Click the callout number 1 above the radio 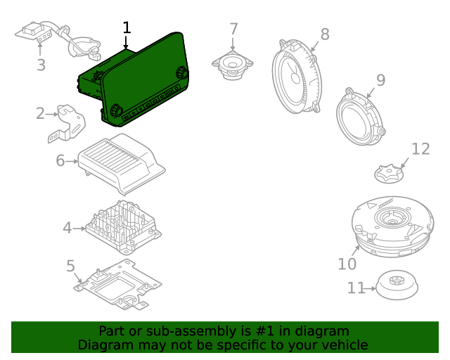[127, 28]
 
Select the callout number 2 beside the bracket [40, 113]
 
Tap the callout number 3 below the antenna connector [41, 65]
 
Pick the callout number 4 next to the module [67, 228]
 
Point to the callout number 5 [70, 266]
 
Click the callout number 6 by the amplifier [60, 161]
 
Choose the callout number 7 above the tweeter [233, 30]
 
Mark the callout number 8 [324, 34]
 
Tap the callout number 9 [380, 80]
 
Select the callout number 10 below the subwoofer [347, 264]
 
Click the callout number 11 [356, 288]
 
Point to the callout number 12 [420, 149]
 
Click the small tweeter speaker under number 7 [232, 65]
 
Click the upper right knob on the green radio [183, 72]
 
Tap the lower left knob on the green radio [116, 110]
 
